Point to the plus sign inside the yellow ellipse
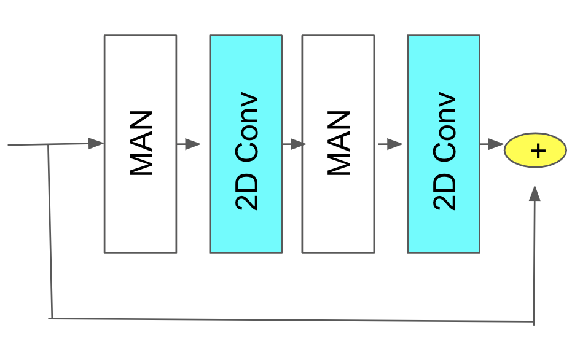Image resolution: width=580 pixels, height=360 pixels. (x=538, y=151)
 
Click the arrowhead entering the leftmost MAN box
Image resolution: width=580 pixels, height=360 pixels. (x=96, y=144)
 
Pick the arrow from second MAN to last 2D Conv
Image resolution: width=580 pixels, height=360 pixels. (x=391, y=144)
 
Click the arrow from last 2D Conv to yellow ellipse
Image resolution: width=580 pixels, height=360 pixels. (x=492, y=144)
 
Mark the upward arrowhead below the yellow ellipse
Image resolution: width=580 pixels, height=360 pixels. (x=535, y=193)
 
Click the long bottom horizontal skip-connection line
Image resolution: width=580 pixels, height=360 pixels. (x=289, y=319)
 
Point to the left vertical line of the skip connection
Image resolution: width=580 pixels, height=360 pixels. (x=50, y=233)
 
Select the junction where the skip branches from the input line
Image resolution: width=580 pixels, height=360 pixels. (x=49, y=146)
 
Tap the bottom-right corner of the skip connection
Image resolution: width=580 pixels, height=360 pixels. (x=533, y=321)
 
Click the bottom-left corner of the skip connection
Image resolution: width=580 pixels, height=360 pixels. (x=52, y=318)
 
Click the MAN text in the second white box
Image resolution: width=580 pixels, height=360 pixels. (x=337, y=144)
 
